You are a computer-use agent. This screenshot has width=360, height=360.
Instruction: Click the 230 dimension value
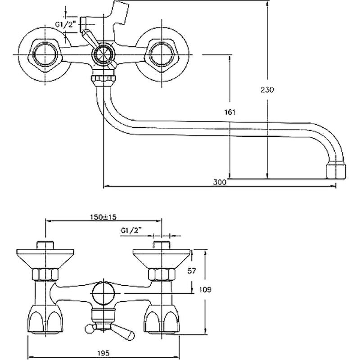267,90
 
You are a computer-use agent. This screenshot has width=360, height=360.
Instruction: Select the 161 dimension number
229,112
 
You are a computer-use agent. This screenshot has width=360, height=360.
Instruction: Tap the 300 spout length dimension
220,182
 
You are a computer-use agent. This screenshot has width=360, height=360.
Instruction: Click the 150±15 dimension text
103,217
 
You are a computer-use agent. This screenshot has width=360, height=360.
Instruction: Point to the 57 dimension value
192,271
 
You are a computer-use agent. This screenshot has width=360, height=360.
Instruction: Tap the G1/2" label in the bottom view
131,231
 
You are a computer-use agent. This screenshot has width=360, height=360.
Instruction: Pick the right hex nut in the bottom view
161,274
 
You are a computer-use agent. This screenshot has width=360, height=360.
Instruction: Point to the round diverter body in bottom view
103,294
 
